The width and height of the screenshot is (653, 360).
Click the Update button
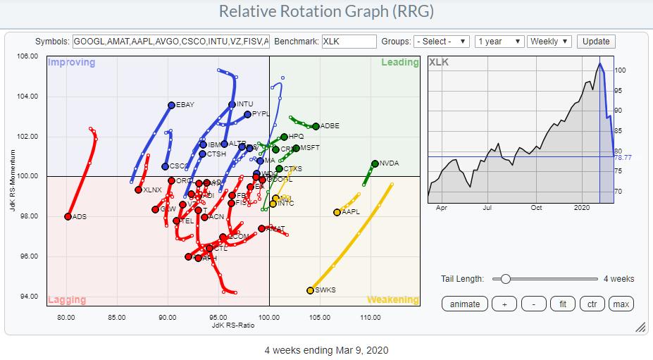coord(595,42)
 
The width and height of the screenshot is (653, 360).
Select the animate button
coord(465,304)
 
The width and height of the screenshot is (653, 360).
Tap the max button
coord(621,304)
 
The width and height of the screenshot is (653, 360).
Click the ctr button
coord(592,304)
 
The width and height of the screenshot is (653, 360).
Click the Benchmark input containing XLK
coord(348,42)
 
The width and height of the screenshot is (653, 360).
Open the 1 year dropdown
coord(499,42)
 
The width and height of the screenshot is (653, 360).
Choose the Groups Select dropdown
coord(442,42)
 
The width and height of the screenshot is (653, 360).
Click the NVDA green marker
coord(375,163)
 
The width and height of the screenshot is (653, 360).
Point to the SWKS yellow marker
coord(311,290)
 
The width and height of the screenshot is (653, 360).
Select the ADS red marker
coord(68,216)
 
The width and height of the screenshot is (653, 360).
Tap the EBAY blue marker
coord(171,105)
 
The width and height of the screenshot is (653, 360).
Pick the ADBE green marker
coord(316,126)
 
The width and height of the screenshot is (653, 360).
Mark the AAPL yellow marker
coord(337,212)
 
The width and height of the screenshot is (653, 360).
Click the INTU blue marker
coord(232,105)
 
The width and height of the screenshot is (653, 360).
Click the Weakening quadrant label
coord(392,299)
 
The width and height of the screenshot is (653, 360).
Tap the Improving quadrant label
coord(71,63)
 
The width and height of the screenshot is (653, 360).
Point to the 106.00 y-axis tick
coord(28,56)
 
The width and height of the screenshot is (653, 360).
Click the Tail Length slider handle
coord(505,279)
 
